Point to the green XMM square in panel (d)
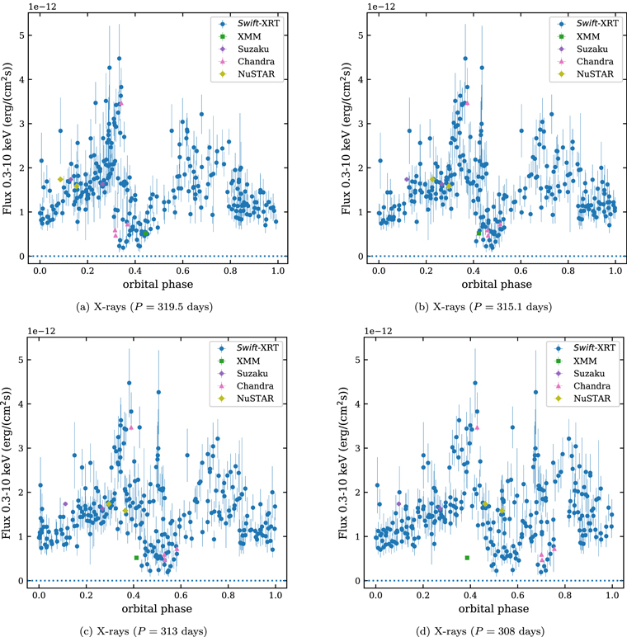click(467, 558)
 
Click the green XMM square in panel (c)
click(137, 558)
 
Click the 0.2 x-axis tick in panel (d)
click(423, 594)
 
